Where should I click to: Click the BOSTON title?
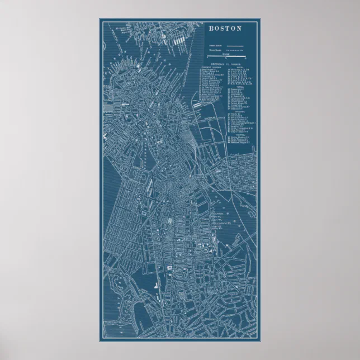click(x=225, y=29)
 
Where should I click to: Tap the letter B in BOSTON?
click(x=211, y=29)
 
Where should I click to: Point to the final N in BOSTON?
click(x=239, y=29)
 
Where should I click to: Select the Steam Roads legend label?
click(x=216, y=45)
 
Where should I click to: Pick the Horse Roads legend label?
click(x=216, y=50)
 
